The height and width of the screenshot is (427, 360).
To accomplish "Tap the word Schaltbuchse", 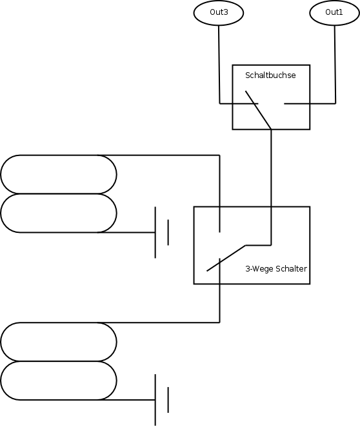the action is [270, 75].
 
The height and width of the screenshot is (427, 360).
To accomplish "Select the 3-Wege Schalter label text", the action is [276, 269].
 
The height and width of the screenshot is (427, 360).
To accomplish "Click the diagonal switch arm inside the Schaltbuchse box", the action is [258, 110].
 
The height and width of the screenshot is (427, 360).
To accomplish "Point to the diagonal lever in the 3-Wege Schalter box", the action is [226, 258].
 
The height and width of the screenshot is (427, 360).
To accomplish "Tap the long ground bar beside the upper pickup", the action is [155, 232].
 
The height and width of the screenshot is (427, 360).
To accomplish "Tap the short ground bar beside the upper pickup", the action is [168, 232].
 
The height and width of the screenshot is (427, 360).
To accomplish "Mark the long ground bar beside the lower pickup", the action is [155, 400].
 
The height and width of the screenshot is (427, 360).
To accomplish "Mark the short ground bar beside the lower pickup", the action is [168, 400].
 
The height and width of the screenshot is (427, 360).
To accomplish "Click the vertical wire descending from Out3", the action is [219, 65].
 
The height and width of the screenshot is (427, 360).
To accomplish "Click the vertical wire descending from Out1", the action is [335, 65].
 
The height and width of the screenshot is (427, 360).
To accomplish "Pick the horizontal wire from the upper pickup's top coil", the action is [159, 155].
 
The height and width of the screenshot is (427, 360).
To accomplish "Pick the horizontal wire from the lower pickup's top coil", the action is [159, 323].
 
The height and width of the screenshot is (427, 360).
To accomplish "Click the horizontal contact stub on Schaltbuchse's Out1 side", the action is [297, 103].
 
